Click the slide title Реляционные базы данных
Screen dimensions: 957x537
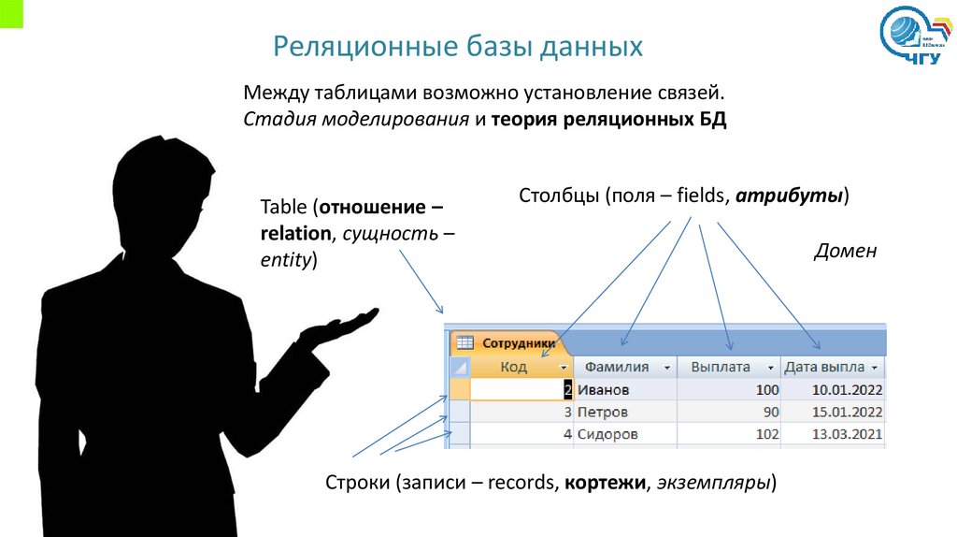(458, 47)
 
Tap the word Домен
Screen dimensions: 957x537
(846, 251)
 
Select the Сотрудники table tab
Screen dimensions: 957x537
(511, 343)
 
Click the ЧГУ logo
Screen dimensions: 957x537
(915, 38)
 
